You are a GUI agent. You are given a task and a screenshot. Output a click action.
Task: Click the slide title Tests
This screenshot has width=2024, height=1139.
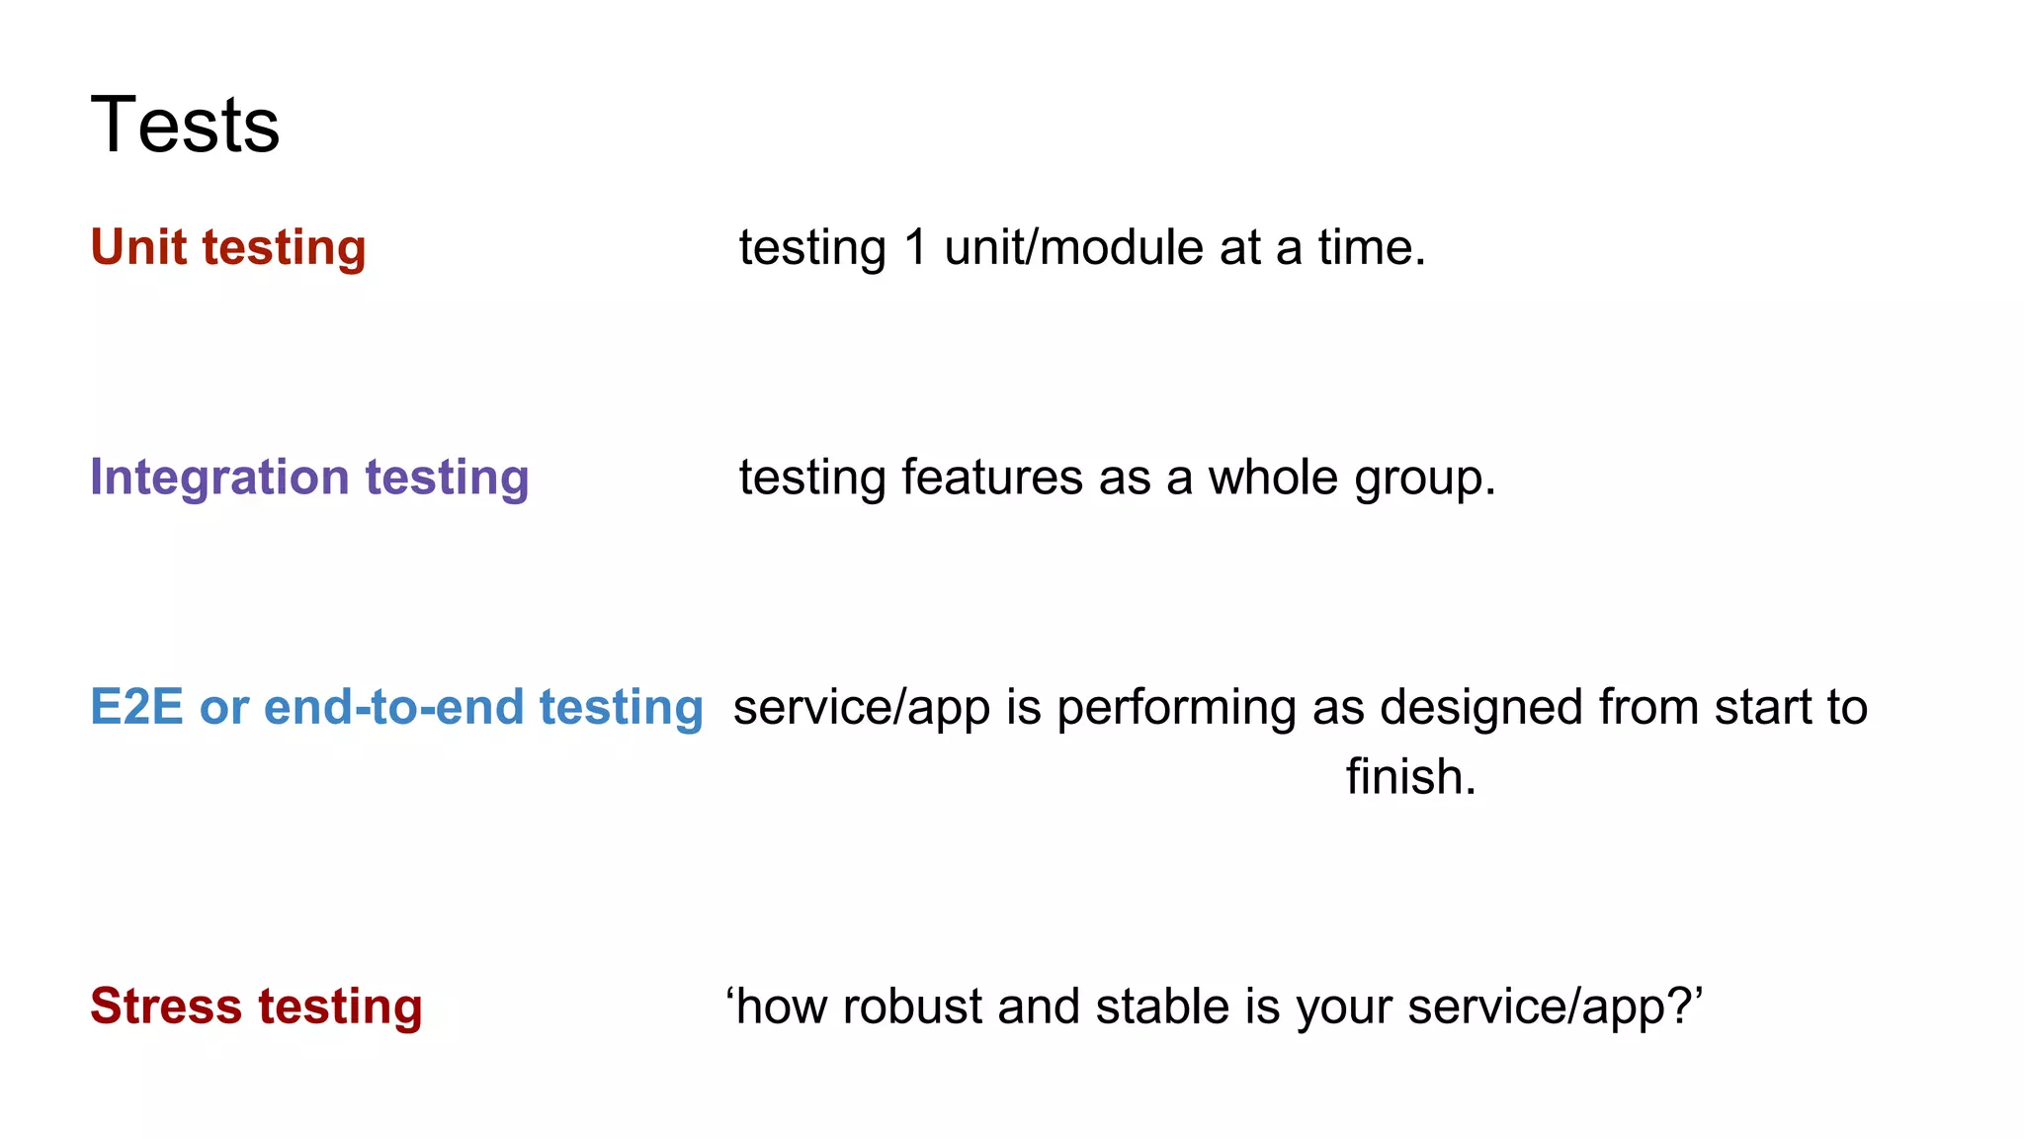click(185, 126)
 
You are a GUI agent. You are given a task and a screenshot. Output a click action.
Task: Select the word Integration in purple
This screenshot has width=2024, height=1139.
click(219, 478)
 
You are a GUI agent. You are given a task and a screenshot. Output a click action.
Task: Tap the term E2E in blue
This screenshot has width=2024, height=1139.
click(136, 707)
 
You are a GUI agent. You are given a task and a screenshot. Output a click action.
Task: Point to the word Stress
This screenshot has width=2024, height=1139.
click(166, 1007)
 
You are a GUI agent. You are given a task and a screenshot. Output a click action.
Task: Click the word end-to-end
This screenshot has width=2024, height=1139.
click(393, 707)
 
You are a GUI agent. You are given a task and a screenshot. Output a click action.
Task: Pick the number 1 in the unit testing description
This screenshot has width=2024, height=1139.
click(915, 247)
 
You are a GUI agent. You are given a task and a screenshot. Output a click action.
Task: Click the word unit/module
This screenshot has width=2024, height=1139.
click(1073, 247)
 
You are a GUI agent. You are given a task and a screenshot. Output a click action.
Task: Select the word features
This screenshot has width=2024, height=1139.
click(992, 478)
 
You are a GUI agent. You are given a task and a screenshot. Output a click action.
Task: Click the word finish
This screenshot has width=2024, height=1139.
click(1409, 777)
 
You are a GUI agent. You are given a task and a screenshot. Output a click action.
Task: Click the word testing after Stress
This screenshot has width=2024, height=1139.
click(340, 1008)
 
